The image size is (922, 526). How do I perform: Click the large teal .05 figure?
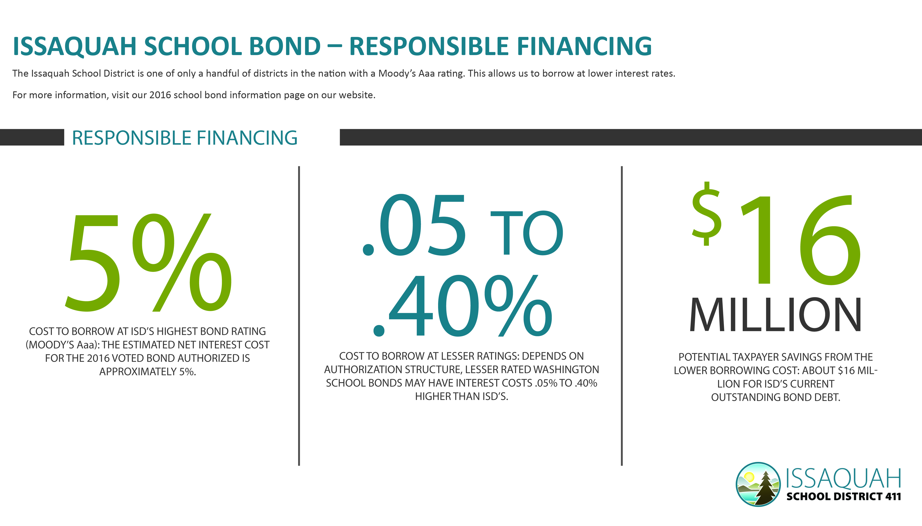point(414,225)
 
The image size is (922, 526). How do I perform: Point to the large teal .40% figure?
point(463,305)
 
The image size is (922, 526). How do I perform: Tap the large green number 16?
point(801,239)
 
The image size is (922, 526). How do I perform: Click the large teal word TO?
point(527,233)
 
